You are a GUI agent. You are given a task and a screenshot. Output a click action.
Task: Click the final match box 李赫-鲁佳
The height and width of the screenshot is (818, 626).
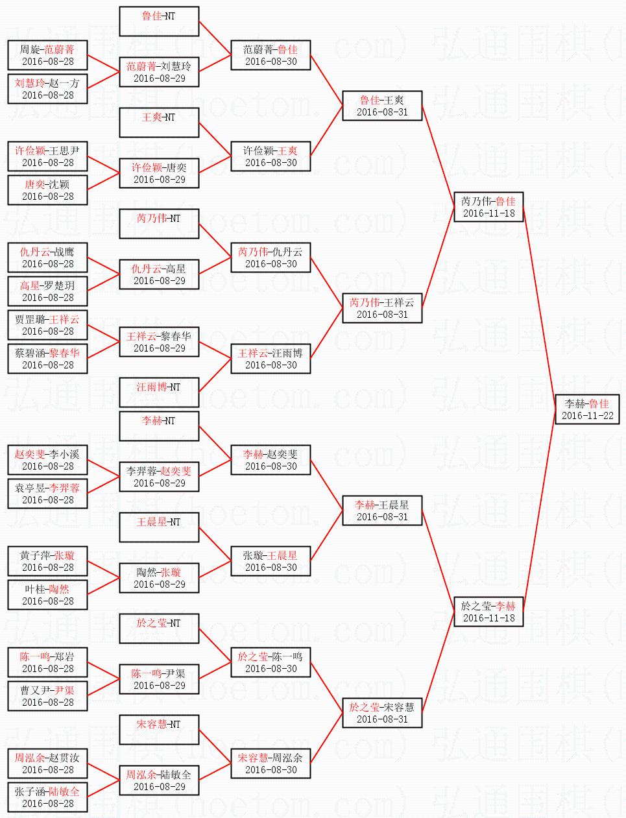[587, 409]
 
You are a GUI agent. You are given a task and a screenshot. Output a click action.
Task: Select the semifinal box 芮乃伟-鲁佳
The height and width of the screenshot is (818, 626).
[488, 207]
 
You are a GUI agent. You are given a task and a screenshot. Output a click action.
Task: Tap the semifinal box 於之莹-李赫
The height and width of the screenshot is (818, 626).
[488, 612]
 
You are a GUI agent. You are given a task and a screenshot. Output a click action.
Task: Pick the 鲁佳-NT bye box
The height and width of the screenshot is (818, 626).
[159, 21]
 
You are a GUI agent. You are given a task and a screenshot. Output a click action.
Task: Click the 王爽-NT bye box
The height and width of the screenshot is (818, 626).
[159, 123]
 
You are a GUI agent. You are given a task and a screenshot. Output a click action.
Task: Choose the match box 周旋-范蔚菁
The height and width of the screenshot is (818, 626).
[47, 55]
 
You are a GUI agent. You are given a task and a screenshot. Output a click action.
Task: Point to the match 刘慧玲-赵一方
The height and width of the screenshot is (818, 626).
[47, 89]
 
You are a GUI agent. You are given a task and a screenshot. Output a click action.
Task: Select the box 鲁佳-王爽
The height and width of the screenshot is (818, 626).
[382, 106]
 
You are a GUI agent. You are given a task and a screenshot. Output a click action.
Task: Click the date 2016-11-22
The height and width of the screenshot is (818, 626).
[587, 416]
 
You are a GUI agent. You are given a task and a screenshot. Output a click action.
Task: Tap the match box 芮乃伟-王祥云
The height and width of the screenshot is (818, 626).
[382, 308]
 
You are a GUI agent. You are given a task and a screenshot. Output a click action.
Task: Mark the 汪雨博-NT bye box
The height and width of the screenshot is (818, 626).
[159, 392]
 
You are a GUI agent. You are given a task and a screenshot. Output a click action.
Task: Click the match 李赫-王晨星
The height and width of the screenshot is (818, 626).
[382, 511]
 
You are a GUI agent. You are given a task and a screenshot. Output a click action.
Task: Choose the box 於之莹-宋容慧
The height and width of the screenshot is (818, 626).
[382, 713]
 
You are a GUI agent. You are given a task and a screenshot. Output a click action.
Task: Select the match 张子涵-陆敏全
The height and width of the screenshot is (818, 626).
[47, 797]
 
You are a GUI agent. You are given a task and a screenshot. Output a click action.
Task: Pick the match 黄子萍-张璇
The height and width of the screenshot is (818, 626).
[47, 561]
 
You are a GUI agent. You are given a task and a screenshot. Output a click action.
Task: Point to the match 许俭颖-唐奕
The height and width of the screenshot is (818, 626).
[159, 173]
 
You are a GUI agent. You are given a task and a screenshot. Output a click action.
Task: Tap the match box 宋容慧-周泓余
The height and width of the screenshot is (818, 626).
[271, 764]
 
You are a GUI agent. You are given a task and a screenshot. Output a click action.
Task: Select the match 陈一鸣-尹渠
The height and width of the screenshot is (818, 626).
[159, 679]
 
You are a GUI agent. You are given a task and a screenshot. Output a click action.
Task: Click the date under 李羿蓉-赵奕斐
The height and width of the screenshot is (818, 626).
[159, 483]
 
